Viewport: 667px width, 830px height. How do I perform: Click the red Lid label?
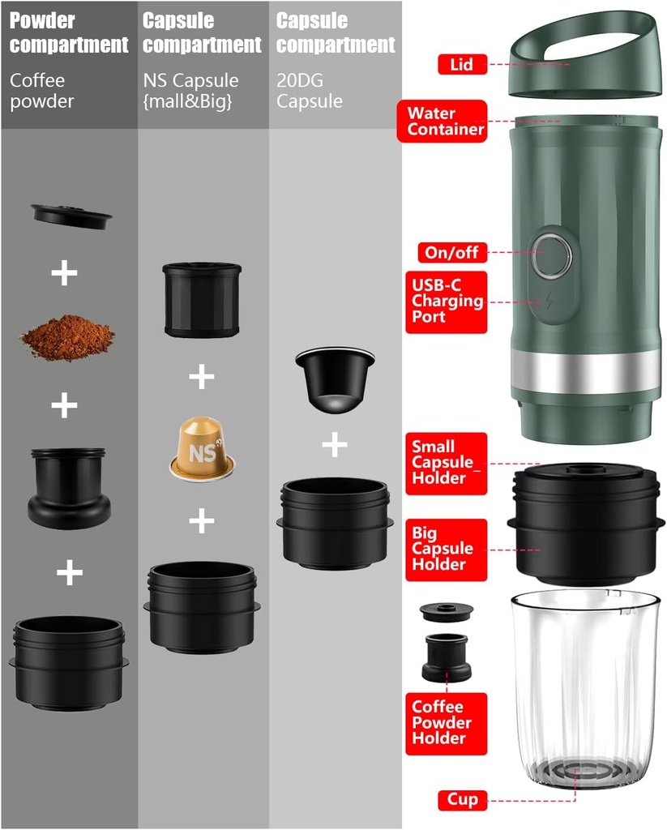click(462, 64)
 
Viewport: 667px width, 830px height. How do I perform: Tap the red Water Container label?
click(445, 121)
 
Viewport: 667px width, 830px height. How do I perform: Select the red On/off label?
click(452, 252)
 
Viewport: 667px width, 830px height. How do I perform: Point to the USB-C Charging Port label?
click(447, 301)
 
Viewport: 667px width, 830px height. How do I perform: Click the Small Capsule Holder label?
click(447, 462)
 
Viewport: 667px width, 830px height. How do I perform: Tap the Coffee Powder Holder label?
click(447, 722)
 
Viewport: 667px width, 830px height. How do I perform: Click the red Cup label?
click(463, 800)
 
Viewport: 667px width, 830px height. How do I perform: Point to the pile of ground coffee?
click(67, 336)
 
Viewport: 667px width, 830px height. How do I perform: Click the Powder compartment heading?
click(69, 32)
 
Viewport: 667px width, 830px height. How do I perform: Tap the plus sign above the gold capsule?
click(201, 377)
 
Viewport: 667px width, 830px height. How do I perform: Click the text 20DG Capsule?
click(310, 91)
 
